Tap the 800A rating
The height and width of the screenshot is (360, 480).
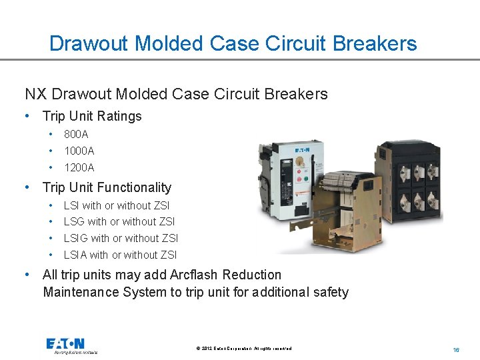coord(76,135)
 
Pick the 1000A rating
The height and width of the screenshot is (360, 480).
coord(79,151)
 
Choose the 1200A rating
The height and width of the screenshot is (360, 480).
coord(79,167)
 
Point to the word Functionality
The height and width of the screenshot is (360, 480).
coord(131,188)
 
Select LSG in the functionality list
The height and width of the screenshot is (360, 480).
coord(75,222)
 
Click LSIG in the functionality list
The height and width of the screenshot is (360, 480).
coord(76,238)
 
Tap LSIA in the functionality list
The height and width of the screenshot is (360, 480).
coord(75,255)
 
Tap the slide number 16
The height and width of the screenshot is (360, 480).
coord(456,349)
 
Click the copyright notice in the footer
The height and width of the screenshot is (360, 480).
coord(244,349)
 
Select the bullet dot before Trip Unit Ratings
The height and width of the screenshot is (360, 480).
coord(26,116)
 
